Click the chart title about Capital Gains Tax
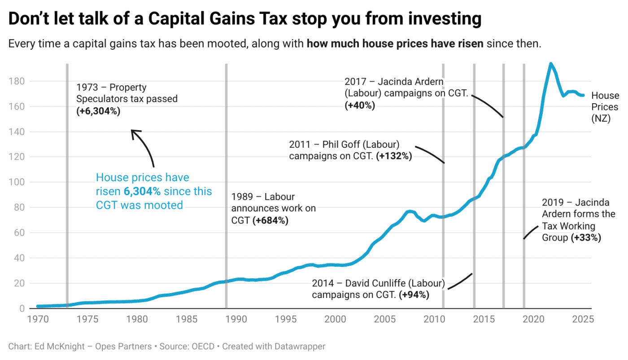pos(244,19)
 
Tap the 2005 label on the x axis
pos(385,320)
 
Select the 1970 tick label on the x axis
pos(38,320)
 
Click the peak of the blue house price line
pos(551,64)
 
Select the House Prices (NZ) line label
pos(605,107)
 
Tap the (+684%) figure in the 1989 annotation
pos(270,220)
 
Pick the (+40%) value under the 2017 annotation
pos(360,105)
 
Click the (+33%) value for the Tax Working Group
pos(586,237)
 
